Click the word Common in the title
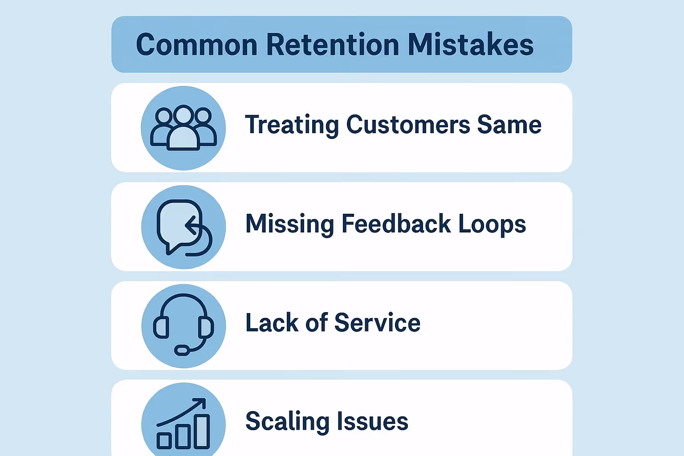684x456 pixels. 196,45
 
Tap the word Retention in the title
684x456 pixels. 333,45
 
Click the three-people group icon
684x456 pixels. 183,128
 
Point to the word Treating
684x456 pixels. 292,125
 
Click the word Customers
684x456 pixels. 408,124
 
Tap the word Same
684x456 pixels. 509,124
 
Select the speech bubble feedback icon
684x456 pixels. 183,227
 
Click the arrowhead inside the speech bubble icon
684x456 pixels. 190,225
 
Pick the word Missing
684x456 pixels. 289,224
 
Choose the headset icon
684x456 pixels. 183,326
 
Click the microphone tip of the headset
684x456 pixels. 181,350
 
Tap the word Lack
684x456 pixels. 272,322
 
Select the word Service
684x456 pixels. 377,322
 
